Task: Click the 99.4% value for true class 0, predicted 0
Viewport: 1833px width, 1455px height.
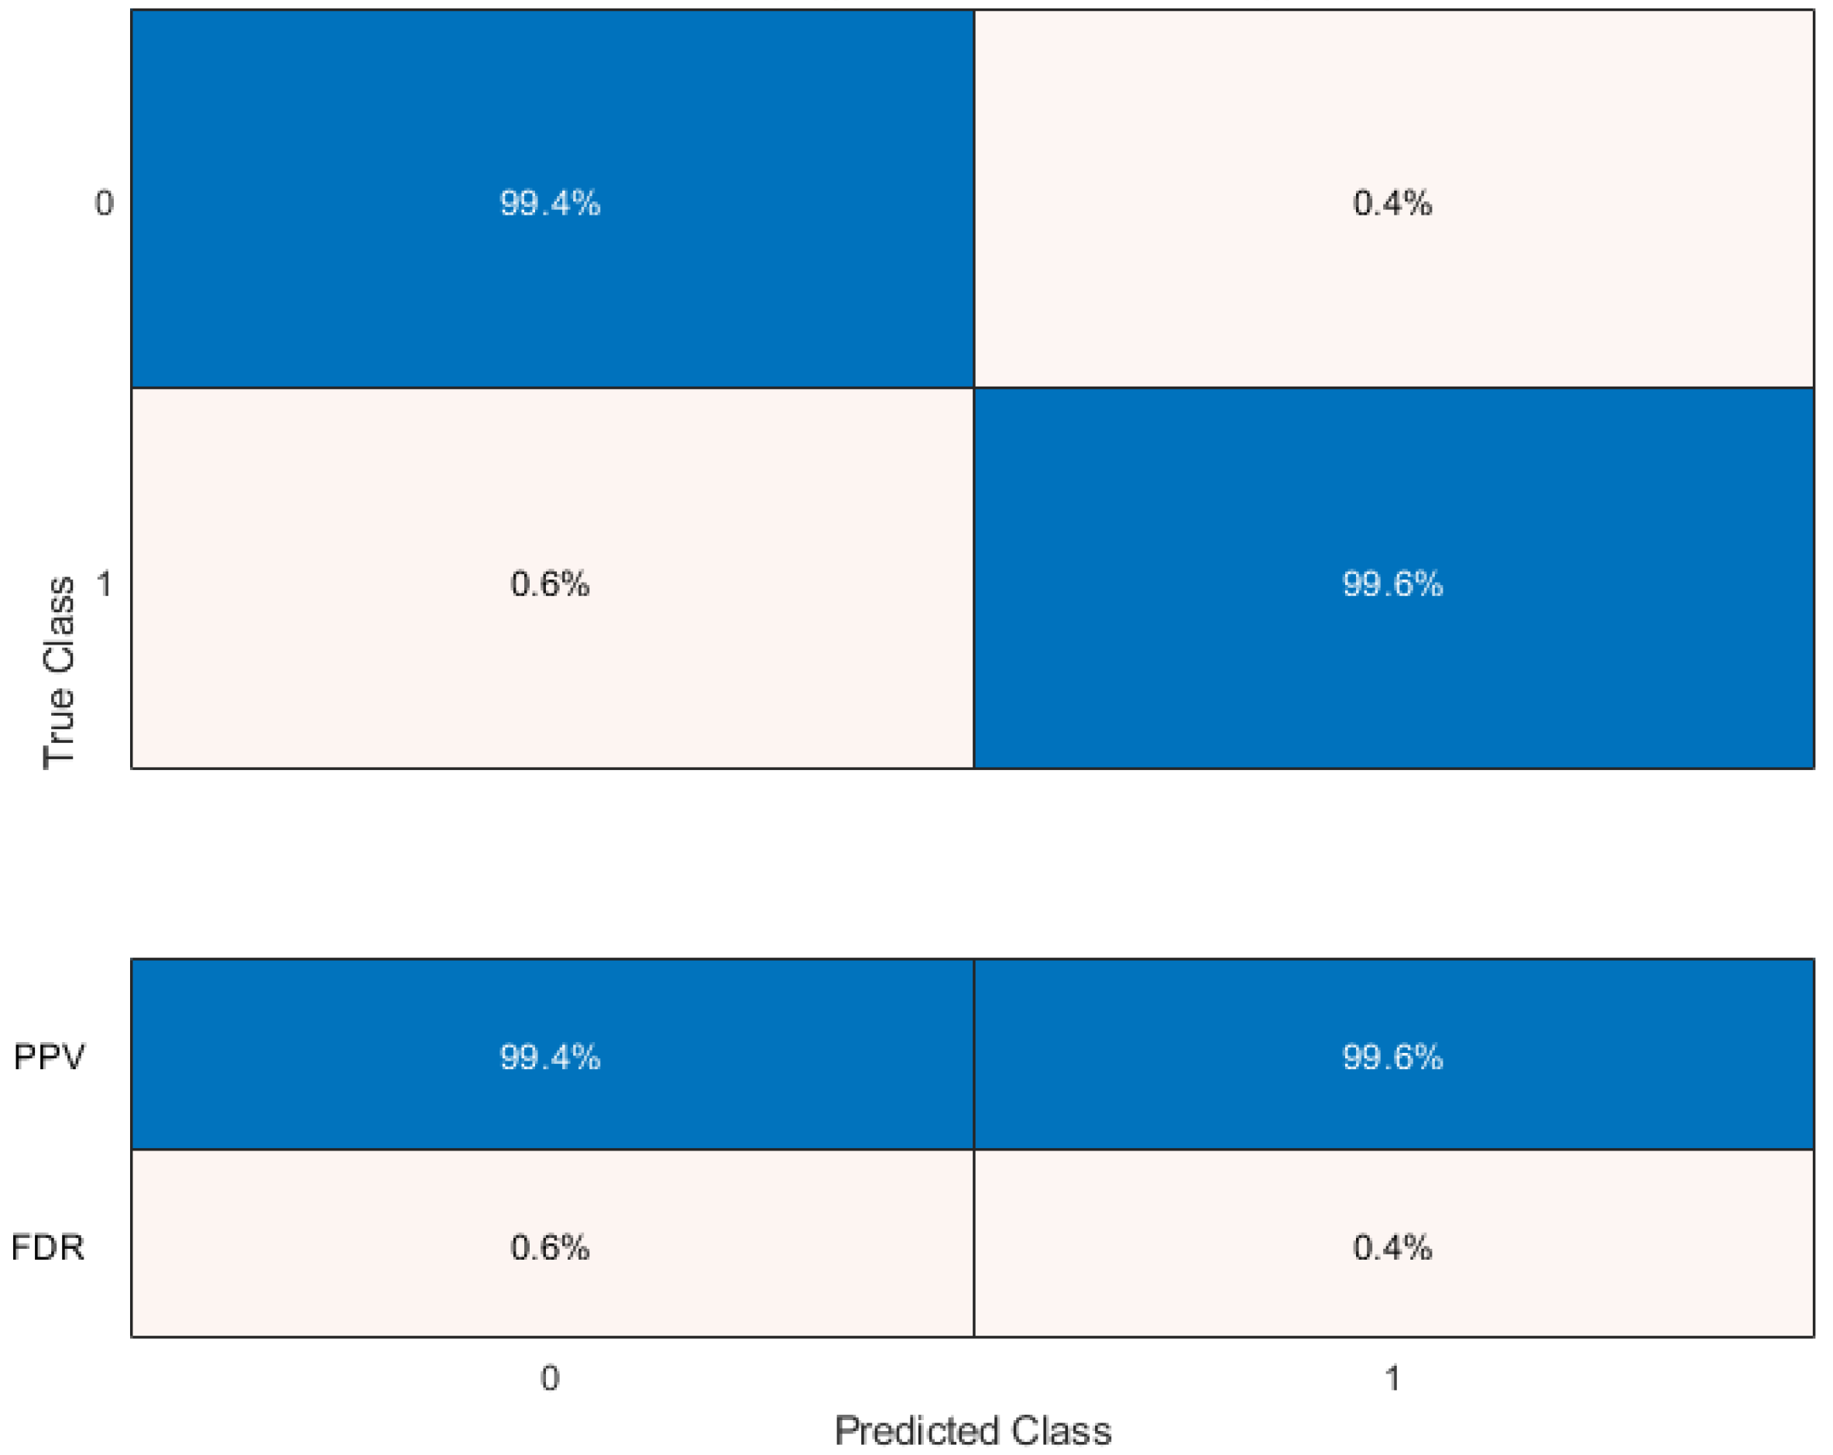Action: pyautogui.click(x=549, y=203)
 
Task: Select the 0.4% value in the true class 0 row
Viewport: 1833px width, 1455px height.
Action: pyautogui.click(x=1392, y=203)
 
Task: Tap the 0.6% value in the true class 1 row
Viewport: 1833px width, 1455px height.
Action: pyautogui.click(x=549, y=583)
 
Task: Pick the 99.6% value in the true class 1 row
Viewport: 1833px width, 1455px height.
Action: pyautogui.click(x=1392, y=583)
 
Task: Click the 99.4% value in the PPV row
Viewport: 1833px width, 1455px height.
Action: pyautogui.click(x=549, y=1057)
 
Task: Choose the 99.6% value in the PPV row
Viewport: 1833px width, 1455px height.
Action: pyautogui.click(x=1392, y=1057)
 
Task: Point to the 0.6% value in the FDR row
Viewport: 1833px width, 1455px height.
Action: pyautogui.click(x=549, y=1247)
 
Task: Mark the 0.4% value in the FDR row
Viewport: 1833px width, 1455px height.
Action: pyautogui.click(x=1392, y=1247)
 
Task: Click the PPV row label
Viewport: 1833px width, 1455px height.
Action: pyautogui.click(x=50, y=1057)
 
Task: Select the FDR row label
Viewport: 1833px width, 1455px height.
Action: pyautogui.click(x=47, y=1247)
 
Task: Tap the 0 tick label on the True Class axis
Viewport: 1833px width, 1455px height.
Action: pyautogui.click(x=104, y=203)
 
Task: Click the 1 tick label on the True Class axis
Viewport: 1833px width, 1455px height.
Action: pyautogui.click(x=104, y=583)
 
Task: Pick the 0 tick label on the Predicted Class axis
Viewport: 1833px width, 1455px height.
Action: pyautogui.click(x=549, y=1378)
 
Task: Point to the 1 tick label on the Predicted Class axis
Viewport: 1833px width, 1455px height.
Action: pyautogui.click(x=1392, y=1378)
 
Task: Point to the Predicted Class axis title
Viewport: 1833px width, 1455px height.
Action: pyautogui.click(x=973, y=1431)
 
